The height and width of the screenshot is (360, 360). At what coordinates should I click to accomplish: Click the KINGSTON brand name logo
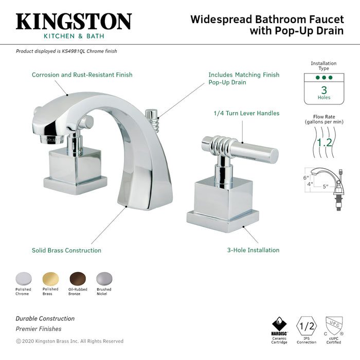74,22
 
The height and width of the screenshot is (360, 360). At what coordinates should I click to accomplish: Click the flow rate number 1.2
324,142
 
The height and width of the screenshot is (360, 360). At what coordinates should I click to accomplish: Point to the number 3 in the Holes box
324,90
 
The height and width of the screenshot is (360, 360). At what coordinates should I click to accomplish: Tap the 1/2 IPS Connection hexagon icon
307,326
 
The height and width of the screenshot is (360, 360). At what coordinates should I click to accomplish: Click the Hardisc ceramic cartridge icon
279,326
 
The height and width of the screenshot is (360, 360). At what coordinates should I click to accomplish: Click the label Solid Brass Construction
66,250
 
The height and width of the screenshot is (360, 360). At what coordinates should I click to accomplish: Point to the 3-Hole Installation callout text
254,250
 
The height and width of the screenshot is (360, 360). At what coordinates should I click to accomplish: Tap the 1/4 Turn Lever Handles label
247,113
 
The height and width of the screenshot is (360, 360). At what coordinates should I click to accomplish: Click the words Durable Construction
45,319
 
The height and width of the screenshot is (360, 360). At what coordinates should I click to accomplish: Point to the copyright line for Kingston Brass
69,341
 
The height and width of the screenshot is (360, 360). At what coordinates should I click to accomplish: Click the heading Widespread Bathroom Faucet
267,20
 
